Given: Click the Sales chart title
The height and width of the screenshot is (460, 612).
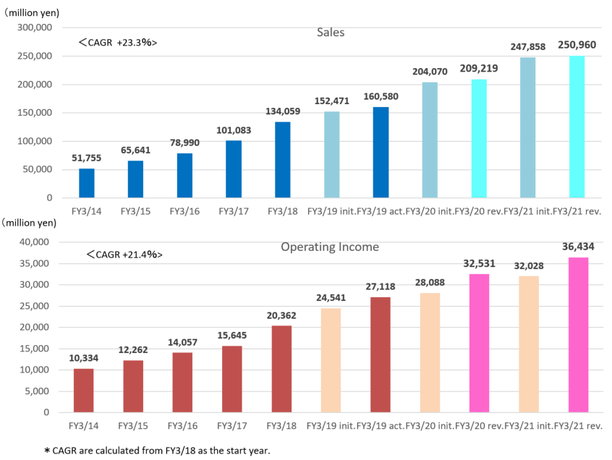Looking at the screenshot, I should tap(331, 33).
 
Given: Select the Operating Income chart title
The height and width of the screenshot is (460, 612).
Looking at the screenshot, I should tap(329, 247).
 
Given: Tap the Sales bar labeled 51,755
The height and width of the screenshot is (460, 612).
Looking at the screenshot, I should tap(87, 183).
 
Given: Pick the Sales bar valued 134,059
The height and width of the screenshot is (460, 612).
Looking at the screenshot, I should tap(283, 160).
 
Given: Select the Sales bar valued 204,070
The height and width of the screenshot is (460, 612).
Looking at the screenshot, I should tap(430, 140).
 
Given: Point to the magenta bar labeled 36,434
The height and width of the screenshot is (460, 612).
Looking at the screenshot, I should tap(579, 335).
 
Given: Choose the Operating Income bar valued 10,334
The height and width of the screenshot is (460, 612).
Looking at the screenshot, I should tap(84, 391).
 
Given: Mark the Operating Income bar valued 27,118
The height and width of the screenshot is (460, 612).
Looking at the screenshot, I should tap(381, 355).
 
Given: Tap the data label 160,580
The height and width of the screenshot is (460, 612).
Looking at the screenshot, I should tap(381, 96).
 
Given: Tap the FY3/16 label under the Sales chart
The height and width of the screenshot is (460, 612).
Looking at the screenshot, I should tap(184, 211).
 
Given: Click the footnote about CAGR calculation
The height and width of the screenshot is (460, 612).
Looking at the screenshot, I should tap(156, 451).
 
